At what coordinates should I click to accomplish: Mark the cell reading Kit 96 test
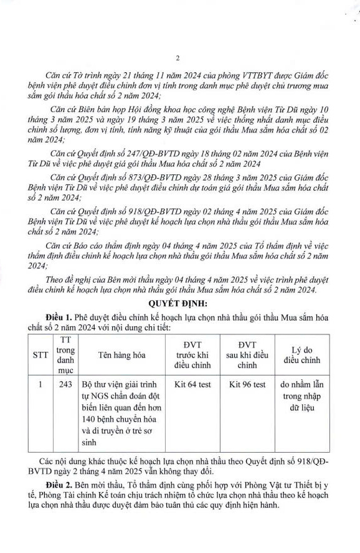247,385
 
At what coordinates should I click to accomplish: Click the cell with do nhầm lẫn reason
305,396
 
